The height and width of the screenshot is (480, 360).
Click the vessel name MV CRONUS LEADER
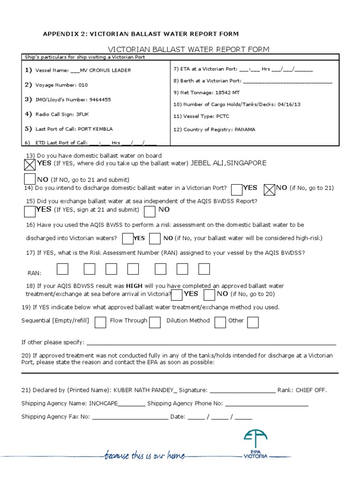pos(106,70)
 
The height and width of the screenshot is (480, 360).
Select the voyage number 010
pos(83,85)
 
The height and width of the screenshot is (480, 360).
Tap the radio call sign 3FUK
pos(82,114)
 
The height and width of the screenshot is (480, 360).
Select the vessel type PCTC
pos(223,116)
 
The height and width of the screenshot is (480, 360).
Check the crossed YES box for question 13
pos(30,165)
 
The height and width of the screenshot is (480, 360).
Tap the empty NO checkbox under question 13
pos(30,179)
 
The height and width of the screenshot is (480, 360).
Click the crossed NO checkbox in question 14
pos(270,189)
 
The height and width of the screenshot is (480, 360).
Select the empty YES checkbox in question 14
pos(237,189)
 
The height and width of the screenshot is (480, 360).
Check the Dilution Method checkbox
pos(219,322)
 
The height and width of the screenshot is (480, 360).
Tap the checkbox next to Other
pos(253,322)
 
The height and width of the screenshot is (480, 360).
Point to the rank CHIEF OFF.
pos(310,390)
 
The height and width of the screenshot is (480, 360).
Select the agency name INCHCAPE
pos(104,403)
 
